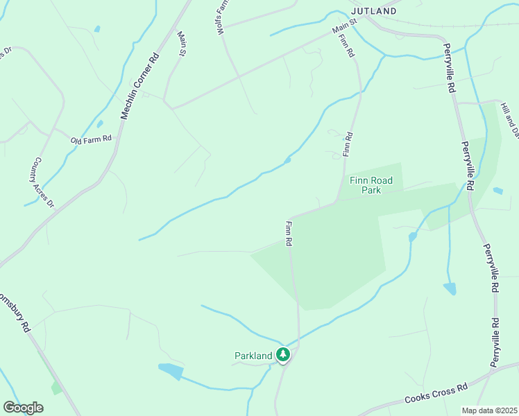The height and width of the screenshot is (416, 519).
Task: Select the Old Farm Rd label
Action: (x=91, y=139)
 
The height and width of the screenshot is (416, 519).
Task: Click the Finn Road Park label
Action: (x=371, y=184)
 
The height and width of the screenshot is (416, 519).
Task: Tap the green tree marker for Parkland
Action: (x=283, y=355)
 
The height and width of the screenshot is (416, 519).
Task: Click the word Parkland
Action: (x=253, y=356)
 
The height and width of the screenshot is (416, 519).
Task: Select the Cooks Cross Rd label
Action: (x=437, y=395)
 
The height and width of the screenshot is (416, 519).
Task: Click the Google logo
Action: (x=23, y=408)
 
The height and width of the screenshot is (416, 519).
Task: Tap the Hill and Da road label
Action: (x=510, y=119)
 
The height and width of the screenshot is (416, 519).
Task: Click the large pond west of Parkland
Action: (x=171, y=371)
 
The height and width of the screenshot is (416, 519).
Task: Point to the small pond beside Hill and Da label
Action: (x=497, y=190)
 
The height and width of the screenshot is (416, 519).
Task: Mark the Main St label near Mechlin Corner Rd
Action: (x=182, y=44)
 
